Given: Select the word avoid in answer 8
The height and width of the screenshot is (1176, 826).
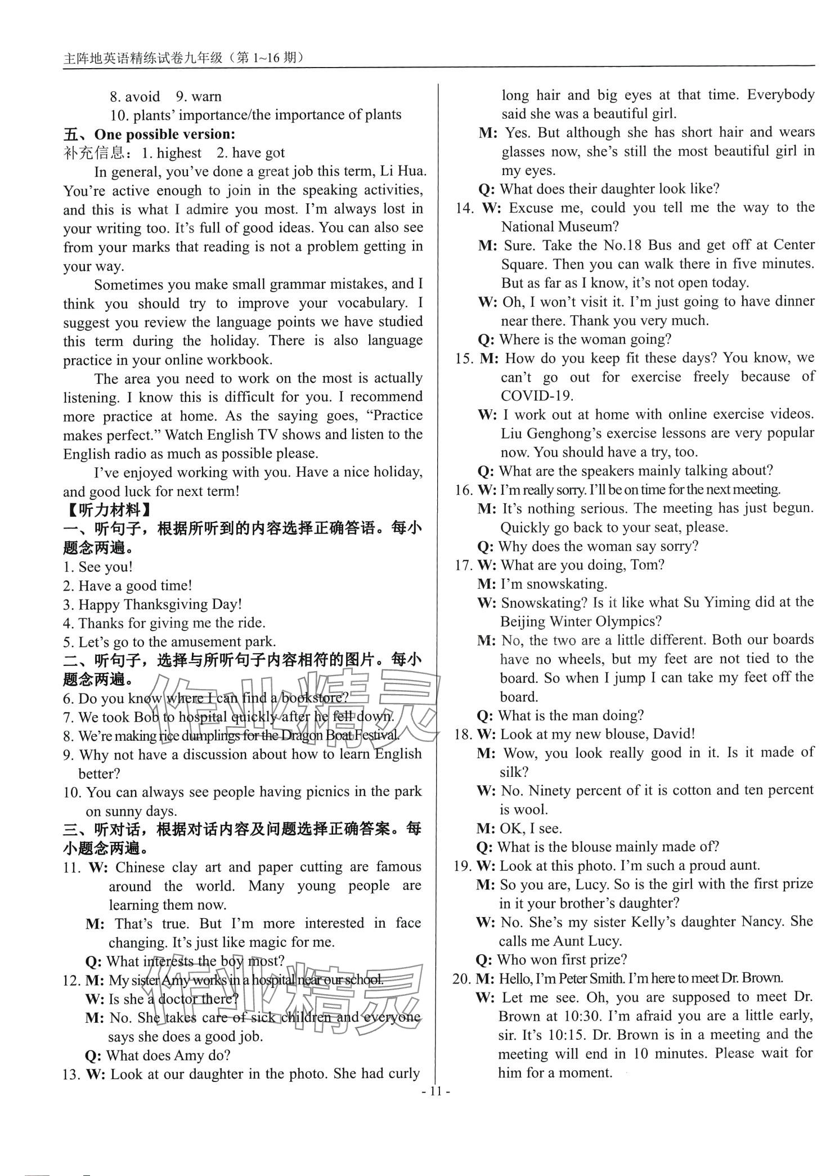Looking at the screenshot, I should coord(143,96).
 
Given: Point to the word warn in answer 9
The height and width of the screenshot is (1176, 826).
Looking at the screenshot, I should coord(206,96).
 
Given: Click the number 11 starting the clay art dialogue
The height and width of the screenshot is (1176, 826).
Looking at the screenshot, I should coord(72,868).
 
